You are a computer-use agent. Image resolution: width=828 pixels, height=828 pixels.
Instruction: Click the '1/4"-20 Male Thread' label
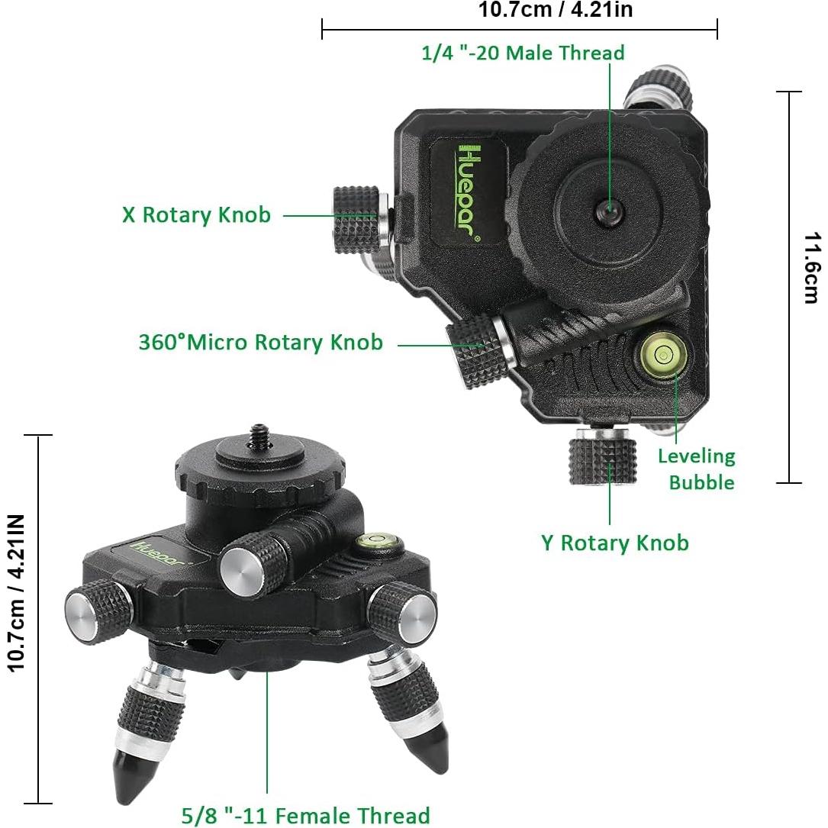pos(523,53)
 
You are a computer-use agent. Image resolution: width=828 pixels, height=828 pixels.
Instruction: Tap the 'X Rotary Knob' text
pos(196,214)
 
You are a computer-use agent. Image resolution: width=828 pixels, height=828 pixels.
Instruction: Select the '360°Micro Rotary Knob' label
pos(260,341)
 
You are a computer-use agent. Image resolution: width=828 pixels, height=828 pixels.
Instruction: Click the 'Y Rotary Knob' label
pos(614,543)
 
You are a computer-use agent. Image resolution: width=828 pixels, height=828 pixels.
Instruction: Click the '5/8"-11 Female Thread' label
pos(305,815)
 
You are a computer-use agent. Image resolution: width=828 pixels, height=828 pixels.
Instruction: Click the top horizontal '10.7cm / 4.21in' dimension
pos(555,10)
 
